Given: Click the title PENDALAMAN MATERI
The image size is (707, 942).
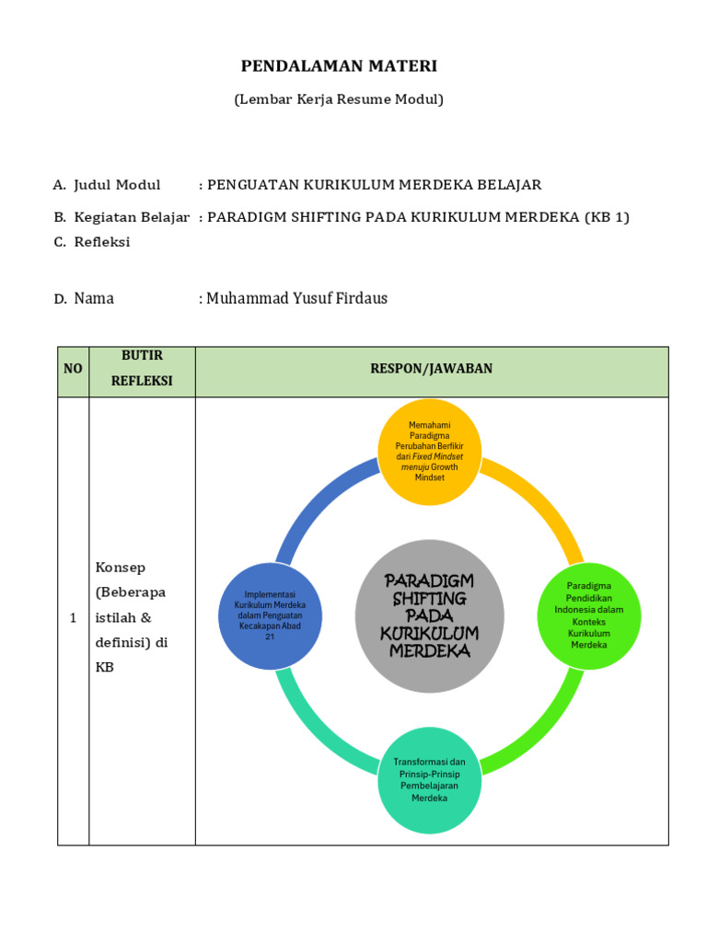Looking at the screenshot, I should click(339, 65).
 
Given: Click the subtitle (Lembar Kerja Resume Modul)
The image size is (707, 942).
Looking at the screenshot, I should click(339, 99).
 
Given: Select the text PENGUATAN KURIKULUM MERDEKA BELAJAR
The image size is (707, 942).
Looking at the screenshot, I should click(375, 185).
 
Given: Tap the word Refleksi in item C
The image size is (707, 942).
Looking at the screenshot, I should click(102, 242).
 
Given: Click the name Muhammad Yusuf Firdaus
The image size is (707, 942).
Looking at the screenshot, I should click(296, 298).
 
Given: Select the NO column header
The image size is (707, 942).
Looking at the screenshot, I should click(73, 368).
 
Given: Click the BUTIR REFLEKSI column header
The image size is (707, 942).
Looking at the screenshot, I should click(142, 368).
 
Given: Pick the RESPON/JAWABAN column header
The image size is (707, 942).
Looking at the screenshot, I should click(431, 368).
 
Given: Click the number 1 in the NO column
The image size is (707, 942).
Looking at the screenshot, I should click(73, 618).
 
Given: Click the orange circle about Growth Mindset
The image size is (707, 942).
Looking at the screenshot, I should click(431, 451).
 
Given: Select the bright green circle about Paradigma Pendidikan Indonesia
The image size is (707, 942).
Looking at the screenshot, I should click(589, 615).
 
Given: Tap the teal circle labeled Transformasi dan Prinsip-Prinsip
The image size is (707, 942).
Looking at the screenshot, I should click(429, 780).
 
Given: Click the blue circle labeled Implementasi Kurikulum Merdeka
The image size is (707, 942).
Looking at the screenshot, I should click(270, 613).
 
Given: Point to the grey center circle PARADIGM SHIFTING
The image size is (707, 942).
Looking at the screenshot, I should click(430, 614).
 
